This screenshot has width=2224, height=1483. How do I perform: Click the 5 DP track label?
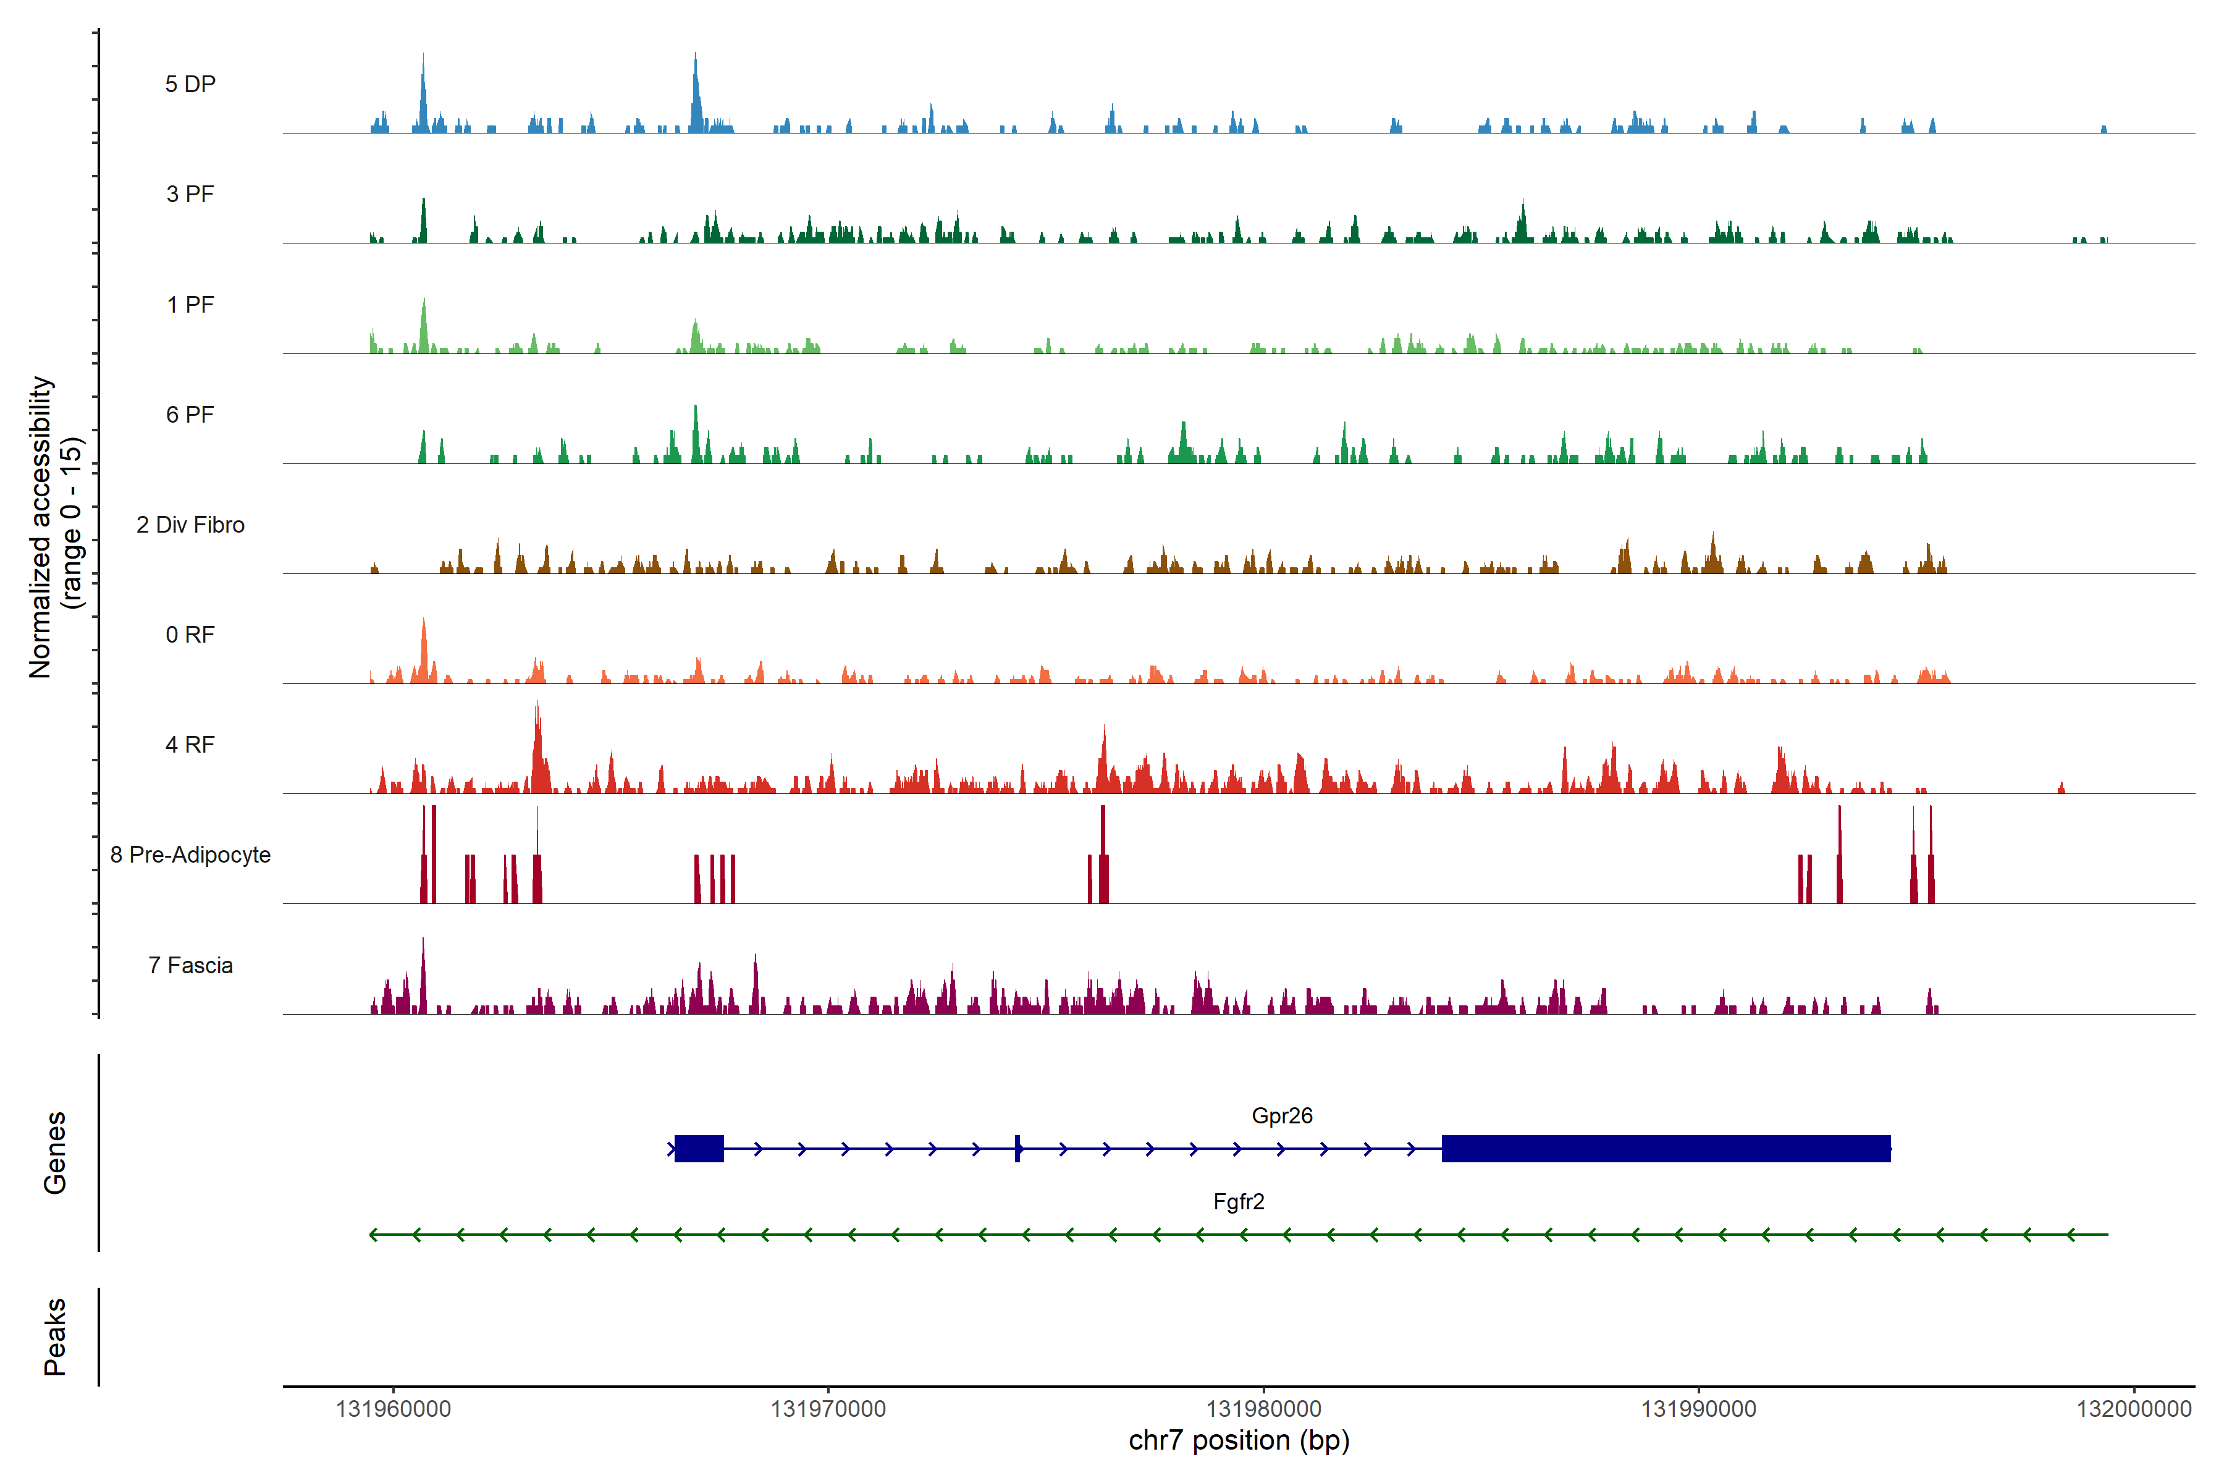190,84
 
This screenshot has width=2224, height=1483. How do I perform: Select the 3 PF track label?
190,194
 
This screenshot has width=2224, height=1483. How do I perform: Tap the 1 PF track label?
190,305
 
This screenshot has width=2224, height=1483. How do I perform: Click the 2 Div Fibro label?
190,525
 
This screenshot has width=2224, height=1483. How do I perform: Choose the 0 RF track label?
190,635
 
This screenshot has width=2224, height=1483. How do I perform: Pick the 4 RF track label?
190,745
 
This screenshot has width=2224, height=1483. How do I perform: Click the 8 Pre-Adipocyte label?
190,855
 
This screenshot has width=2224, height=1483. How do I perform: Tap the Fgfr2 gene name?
1239,1202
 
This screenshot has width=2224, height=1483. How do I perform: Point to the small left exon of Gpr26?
699,1148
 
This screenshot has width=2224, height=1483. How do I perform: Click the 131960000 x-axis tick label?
394,1409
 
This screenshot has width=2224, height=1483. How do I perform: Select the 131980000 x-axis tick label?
1263,1409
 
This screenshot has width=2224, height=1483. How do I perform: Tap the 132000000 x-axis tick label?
2133,1409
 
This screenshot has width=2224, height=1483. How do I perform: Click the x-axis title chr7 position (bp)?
1239,1440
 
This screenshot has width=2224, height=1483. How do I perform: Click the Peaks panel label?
55,1337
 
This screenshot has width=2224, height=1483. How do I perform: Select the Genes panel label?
55,1153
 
